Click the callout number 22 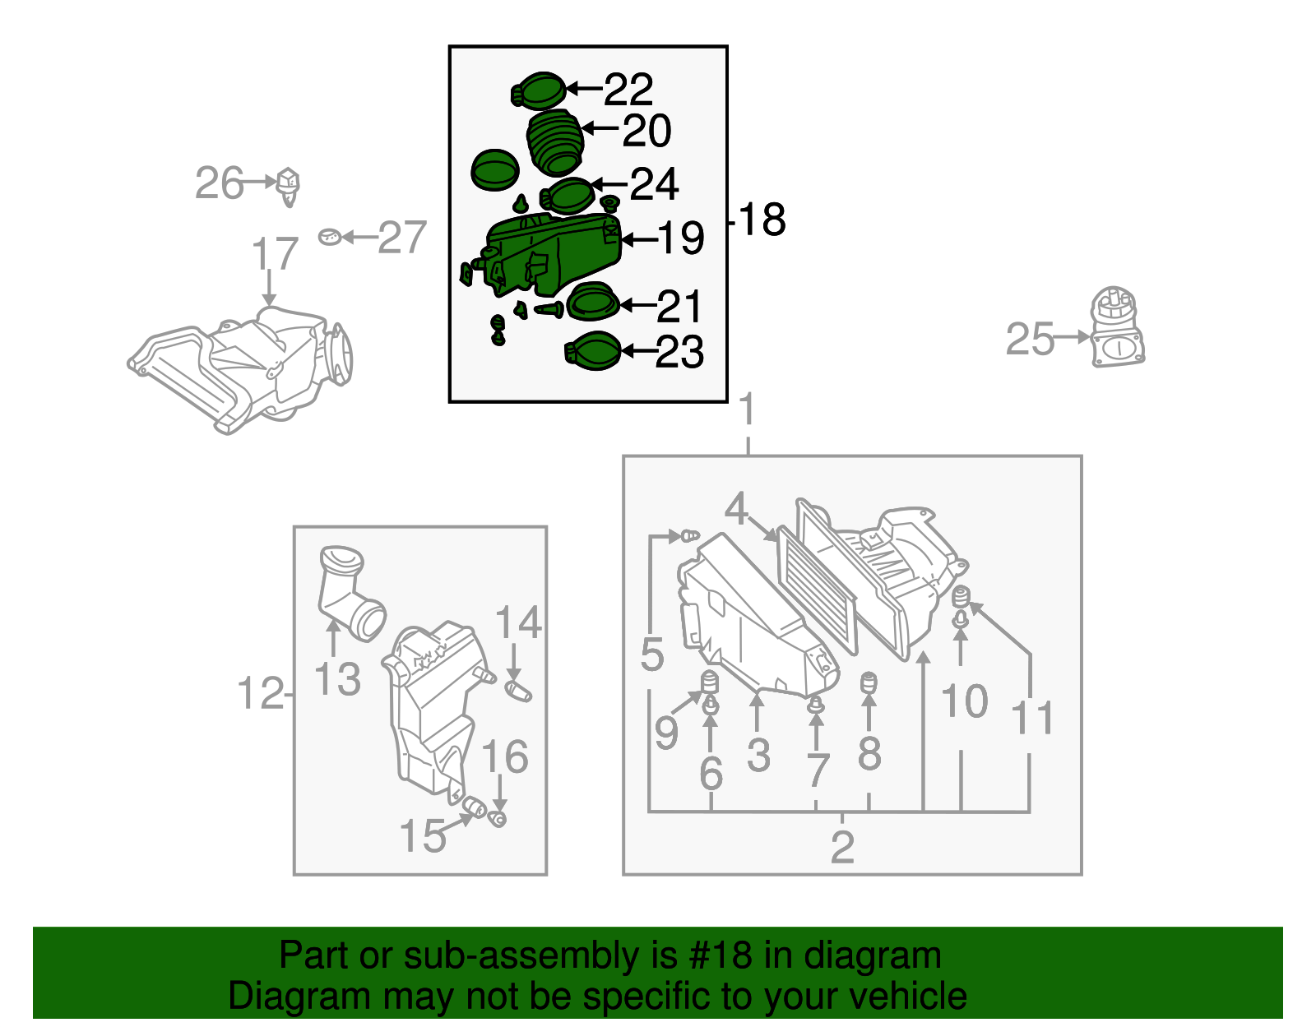628,90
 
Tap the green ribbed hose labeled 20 554,142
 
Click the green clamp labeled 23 593,351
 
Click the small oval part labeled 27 330,237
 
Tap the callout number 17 275,253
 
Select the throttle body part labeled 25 1117,326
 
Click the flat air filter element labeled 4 817,590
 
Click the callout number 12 261,693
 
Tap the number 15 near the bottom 423,836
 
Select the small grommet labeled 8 869,683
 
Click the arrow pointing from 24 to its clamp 609,183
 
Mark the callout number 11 1032,718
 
